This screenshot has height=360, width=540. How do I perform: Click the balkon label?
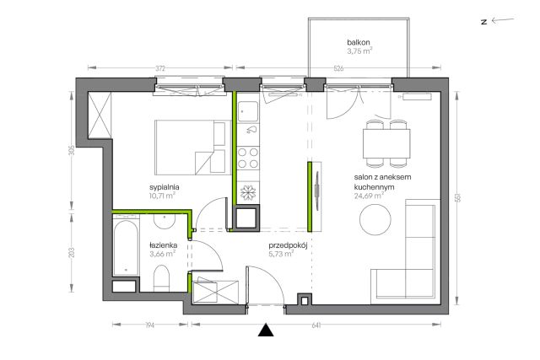click(359, 43)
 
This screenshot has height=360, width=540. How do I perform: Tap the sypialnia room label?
click(165, 187)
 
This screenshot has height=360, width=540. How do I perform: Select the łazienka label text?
click(163, 245)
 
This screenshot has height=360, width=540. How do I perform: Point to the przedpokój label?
click(288, 245)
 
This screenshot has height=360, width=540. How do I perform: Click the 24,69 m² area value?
click(370, 196)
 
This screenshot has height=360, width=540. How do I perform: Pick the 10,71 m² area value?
click(163, 196)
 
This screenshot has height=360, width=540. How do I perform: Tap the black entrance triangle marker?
click(266, 330)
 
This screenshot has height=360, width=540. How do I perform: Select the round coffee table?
click(375, 219)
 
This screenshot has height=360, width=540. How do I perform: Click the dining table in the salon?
click(386, 143)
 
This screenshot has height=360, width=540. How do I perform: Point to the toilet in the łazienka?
click(161, 278)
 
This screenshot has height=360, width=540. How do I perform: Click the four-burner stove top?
click(248, 158)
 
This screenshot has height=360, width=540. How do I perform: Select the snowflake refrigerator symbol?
click(247, 193)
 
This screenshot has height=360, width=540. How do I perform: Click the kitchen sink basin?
click(247, 111)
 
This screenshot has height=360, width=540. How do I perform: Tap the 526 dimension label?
click(338, 68)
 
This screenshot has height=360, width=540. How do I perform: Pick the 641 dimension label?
click(316, 325)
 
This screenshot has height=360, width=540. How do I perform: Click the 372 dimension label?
click(160, 68)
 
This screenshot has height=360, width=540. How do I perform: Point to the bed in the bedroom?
click(193, 148)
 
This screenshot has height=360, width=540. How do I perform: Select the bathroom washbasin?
click(165, 221)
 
